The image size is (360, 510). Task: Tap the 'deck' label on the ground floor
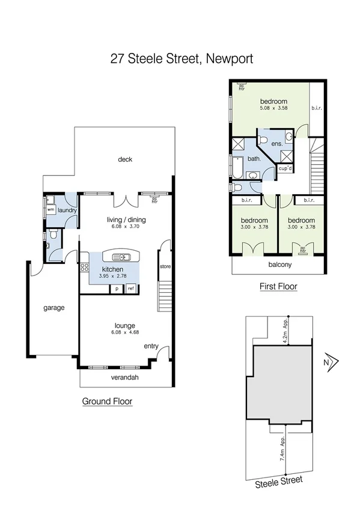click(x=125, y=159)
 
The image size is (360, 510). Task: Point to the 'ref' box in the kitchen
click(x=130, y=289)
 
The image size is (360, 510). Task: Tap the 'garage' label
click(x=53, y=307)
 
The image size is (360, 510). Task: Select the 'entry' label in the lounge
click(x=151, y=346)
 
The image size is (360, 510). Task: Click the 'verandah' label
click(x=125, y=378)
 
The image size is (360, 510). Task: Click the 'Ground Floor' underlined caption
click(x=107, y=401)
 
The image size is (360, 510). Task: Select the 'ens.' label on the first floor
click(x=277, y=144)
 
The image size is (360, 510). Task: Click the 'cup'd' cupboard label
click(x=285, y=168)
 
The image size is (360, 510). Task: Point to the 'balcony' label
click(x=279, y=264)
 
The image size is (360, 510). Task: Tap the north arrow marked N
click(x=328, y=362)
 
